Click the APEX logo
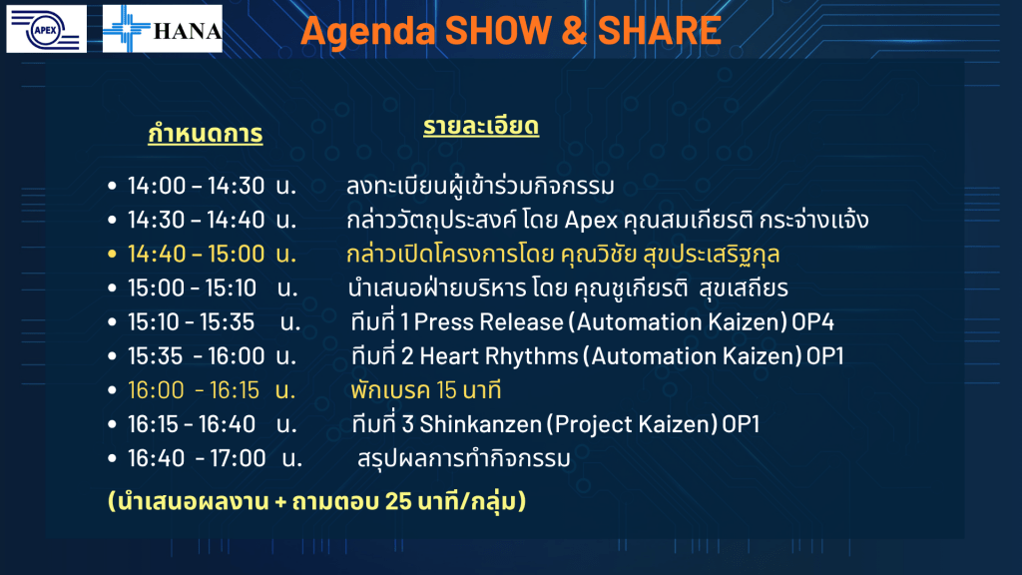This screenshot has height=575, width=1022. pos(46,29)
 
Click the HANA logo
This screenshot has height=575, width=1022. pos(163,29)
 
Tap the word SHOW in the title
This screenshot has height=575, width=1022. pos(499,31)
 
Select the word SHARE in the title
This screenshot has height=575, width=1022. pos(659,31)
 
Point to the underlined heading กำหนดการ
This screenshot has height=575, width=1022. pos(206,133)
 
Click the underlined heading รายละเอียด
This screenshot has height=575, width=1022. pos(481,125)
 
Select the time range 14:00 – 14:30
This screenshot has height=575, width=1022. pos(197,186)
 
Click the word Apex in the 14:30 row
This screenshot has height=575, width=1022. pos(591,221)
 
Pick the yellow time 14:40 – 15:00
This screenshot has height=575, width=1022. pos(197,254)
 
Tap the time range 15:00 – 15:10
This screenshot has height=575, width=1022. pos(193,287)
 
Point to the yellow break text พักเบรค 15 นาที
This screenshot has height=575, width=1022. pos(425,390)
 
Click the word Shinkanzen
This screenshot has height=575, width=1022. pos(480,424)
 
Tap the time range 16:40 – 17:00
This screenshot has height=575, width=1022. pos(197,458)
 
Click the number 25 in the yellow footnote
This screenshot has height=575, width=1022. pos(398,501)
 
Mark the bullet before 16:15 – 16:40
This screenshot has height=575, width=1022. pos(112,424)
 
